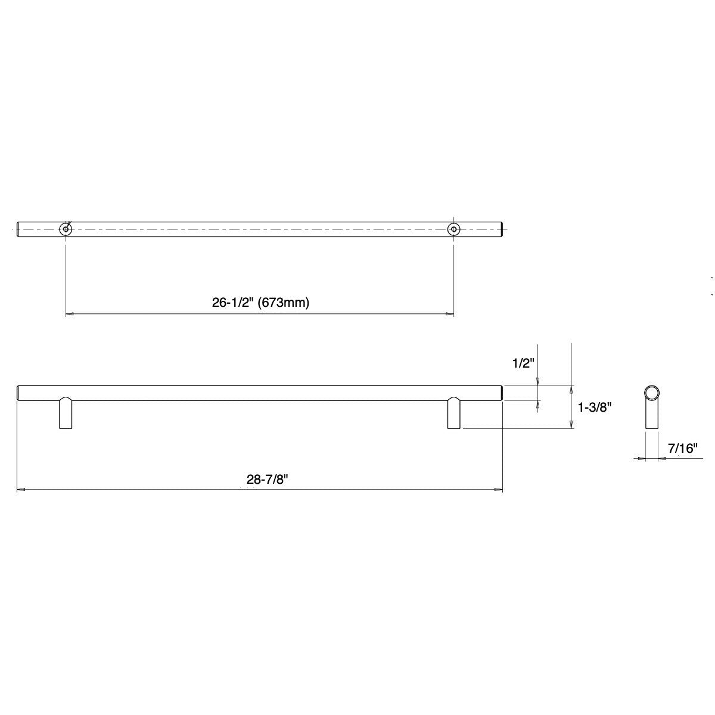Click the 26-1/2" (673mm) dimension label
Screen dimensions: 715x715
[x=261, y=303]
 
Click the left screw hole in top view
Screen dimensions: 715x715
[x=65, y=229]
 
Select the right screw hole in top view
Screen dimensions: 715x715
[x=454, y=229]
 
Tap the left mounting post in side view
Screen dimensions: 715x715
[x=66, y=414]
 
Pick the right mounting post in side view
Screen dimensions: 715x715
[x=454, y=414]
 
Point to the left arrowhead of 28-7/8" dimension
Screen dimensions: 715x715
[x=20, y=490]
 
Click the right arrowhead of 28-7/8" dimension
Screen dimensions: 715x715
[x=499, y=490]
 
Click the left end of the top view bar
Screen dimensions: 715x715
[x=18, y=229]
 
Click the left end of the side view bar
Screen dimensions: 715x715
[x=18, y=393]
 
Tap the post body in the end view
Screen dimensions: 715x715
[x=651, y=417]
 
